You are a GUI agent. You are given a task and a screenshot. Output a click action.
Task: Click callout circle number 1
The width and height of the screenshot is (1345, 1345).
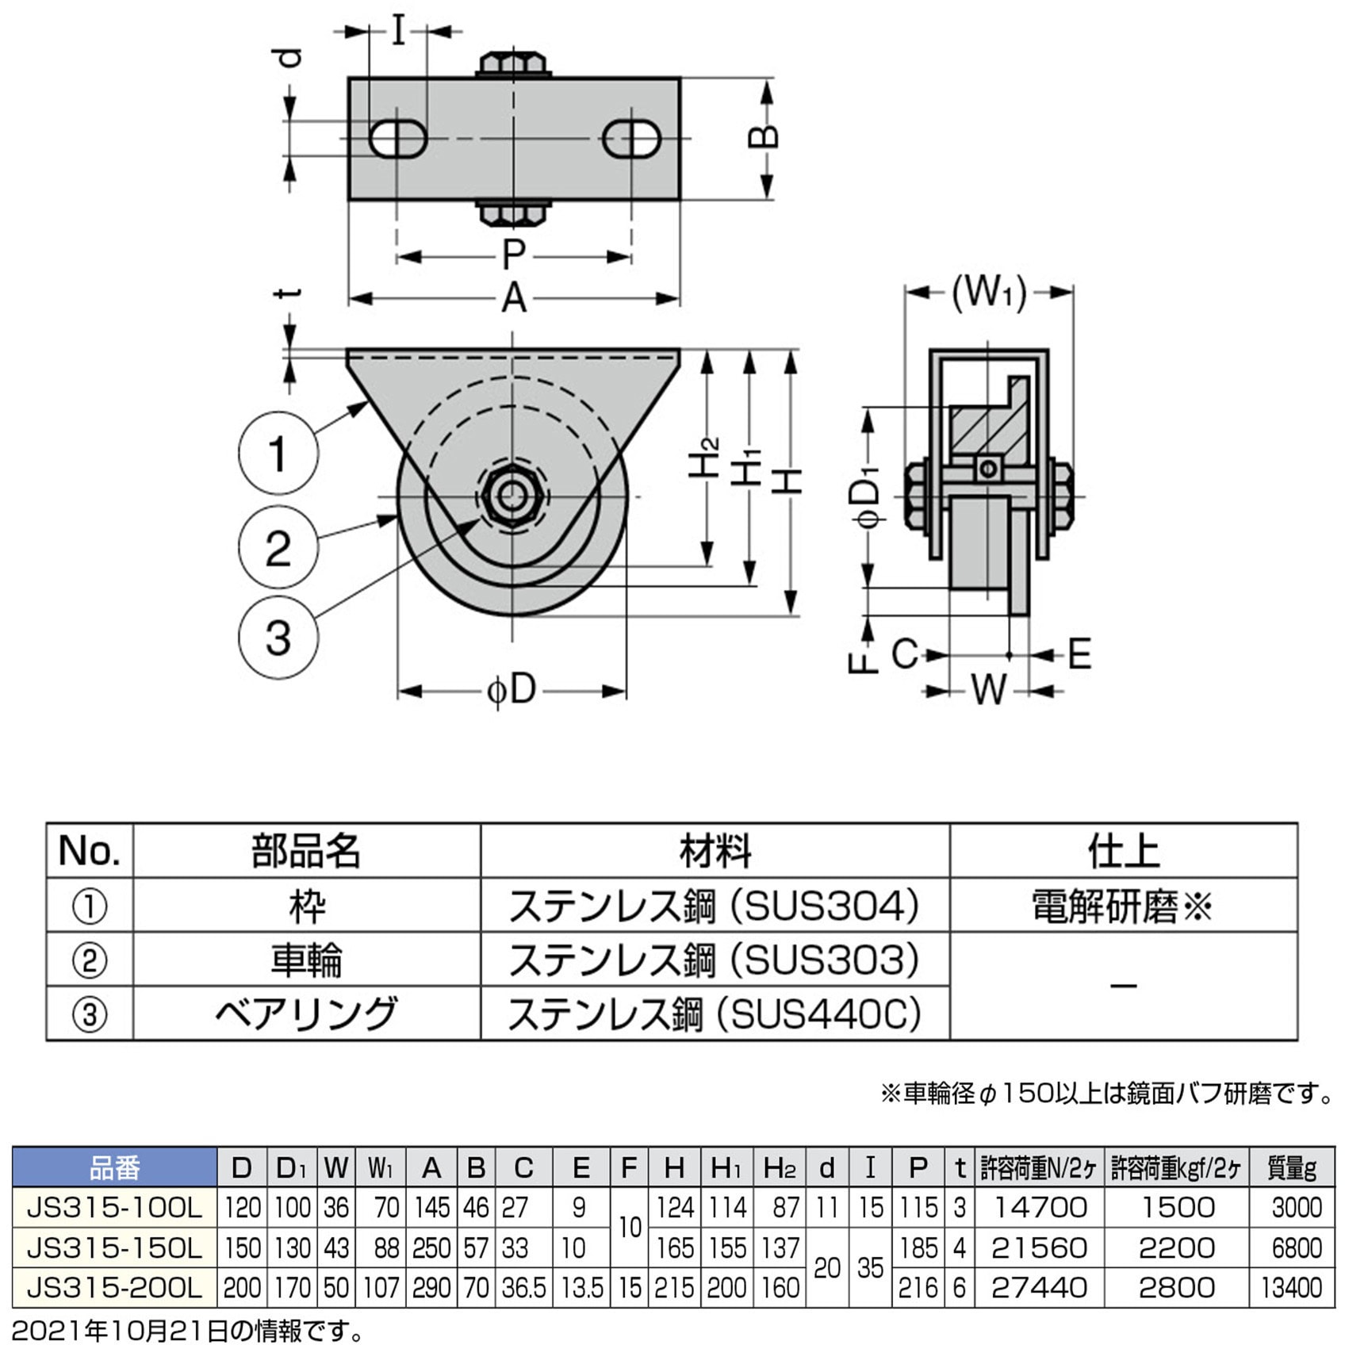click(278, 454)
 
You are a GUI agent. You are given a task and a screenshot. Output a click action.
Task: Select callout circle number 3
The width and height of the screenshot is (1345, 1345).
click(278, 638)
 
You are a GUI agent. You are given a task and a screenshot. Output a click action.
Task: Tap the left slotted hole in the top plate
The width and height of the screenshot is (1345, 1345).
click(398, 139)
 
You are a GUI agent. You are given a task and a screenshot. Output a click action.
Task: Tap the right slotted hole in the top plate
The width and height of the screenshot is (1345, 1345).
click(631, 139)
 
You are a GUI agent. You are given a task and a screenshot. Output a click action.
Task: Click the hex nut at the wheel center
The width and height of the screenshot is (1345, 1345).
click(512, 496)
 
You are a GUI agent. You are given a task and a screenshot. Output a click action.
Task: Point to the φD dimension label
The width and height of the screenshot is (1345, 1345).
click(512, 690)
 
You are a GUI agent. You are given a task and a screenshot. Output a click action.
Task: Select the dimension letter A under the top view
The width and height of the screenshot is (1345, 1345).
click(514, 299)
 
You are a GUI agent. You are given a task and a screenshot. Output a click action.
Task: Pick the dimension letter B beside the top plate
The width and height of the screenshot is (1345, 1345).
click(763, 137)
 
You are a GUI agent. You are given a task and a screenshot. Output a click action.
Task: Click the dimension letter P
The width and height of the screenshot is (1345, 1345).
click(514, 255)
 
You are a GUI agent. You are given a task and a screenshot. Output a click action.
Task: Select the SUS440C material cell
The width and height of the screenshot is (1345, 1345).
click(714, 1014)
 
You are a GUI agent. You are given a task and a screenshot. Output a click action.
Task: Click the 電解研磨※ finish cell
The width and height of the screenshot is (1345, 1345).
click(1122, 906)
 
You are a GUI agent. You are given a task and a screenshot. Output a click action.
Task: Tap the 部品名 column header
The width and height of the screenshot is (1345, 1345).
click(306, 851)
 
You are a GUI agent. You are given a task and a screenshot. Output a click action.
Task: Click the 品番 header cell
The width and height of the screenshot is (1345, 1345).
click(115, 1167)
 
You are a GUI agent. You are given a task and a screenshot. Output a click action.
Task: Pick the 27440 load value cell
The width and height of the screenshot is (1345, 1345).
click(1038, 1287)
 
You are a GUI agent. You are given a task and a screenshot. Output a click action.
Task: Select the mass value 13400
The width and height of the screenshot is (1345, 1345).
click(1291, 1287)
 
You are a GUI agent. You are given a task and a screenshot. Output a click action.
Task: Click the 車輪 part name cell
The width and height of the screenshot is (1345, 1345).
click(306, 960)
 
